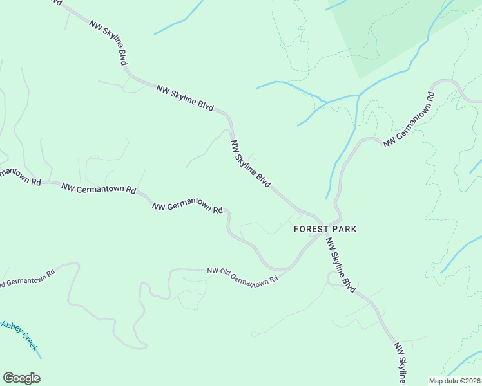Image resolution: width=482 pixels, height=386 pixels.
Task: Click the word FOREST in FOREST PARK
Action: tap(310, 229)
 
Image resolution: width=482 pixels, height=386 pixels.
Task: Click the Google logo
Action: tap(21, 378)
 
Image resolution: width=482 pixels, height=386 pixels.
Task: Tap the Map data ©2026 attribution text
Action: tap(454, 381)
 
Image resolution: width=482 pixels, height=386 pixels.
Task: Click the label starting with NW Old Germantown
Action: tap(242, 275)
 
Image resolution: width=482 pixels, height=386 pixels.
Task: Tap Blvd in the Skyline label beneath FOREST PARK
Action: tap(349, 284)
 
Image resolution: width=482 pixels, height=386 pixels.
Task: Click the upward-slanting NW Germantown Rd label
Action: tap(409, 120)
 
